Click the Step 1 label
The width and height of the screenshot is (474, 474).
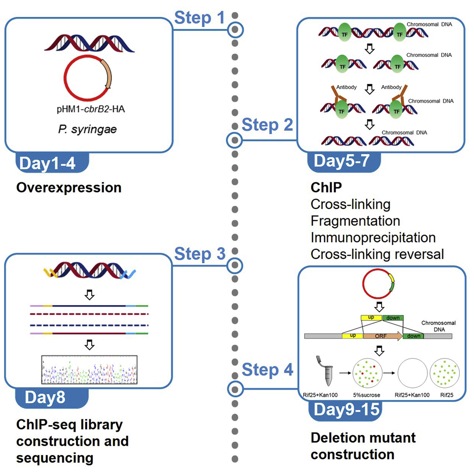click(199, 18)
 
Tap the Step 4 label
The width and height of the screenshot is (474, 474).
click(267, 370)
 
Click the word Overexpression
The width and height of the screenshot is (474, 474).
click(69, 188)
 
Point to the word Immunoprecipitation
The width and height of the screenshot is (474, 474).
click(373, 237)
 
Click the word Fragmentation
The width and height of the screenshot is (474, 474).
click(355, 221)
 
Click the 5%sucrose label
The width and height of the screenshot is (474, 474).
click(369, 394)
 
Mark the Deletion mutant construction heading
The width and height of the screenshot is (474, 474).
click(363, 445)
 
